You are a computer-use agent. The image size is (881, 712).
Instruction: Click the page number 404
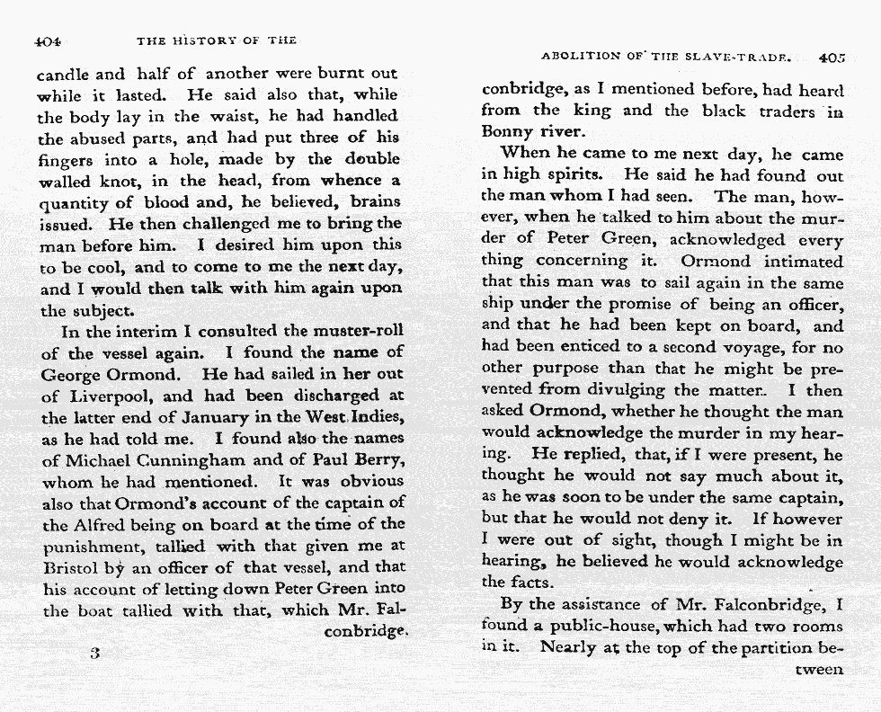coord(47,40)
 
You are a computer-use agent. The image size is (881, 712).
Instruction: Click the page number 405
coord(832,58)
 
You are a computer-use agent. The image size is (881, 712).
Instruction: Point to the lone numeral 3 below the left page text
coord(93,653)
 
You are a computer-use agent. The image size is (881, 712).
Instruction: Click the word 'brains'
coord(372,203)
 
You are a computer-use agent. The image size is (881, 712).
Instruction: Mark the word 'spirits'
coord(575,174)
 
